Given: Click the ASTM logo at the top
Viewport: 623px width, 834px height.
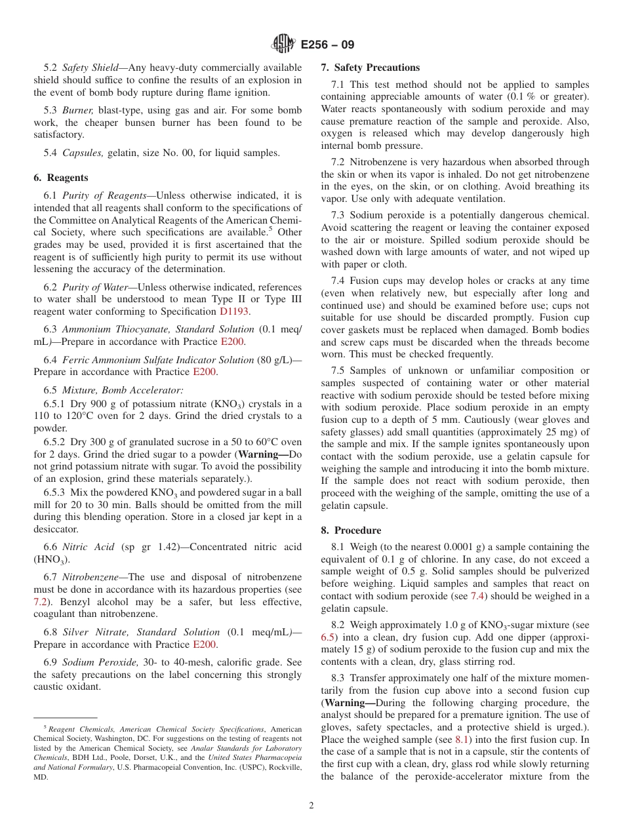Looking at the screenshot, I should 283,45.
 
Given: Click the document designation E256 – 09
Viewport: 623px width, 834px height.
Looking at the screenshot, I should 327,45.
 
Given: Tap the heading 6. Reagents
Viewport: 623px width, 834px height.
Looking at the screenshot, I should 61,178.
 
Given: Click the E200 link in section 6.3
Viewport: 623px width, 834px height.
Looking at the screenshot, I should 232,342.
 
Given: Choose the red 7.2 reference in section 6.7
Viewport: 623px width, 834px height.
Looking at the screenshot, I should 41,601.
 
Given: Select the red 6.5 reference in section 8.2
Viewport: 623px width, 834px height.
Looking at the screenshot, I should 328,637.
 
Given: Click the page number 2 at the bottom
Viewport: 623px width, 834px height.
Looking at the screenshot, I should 311,805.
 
